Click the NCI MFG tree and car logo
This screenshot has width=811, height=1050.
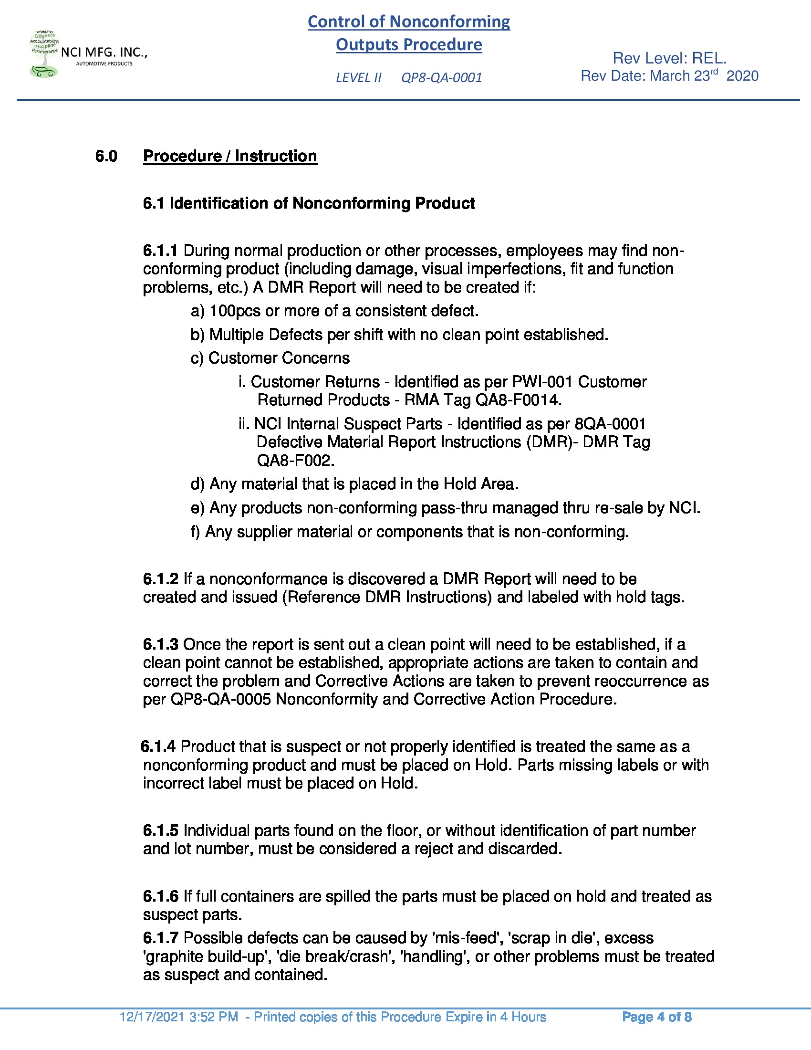tap(44, 54)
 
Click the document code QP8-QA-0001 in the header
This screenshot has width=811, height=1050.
tap(441, 77)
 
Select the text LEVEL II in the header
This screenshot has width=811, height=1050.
tap(358, 77)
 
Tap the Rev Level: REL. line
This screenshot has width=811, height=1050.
tap(669, 58)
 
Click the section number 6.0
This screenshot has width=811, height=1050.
tap(106, 156)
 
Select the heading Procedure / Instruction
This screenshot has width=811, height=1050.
tap(229, 156)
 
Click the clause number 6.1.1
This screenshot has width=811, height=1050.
tap(160, 251)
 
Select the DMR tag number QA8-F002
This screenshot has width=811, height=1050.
tap(295, 461)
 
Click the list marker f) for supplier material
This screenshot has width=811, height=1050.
tap(195, 532)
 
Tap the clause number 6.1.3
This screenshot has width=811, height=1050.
tap(160, 644)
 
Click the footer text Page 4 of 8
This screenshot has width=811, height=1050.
tap(656, 1017)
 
